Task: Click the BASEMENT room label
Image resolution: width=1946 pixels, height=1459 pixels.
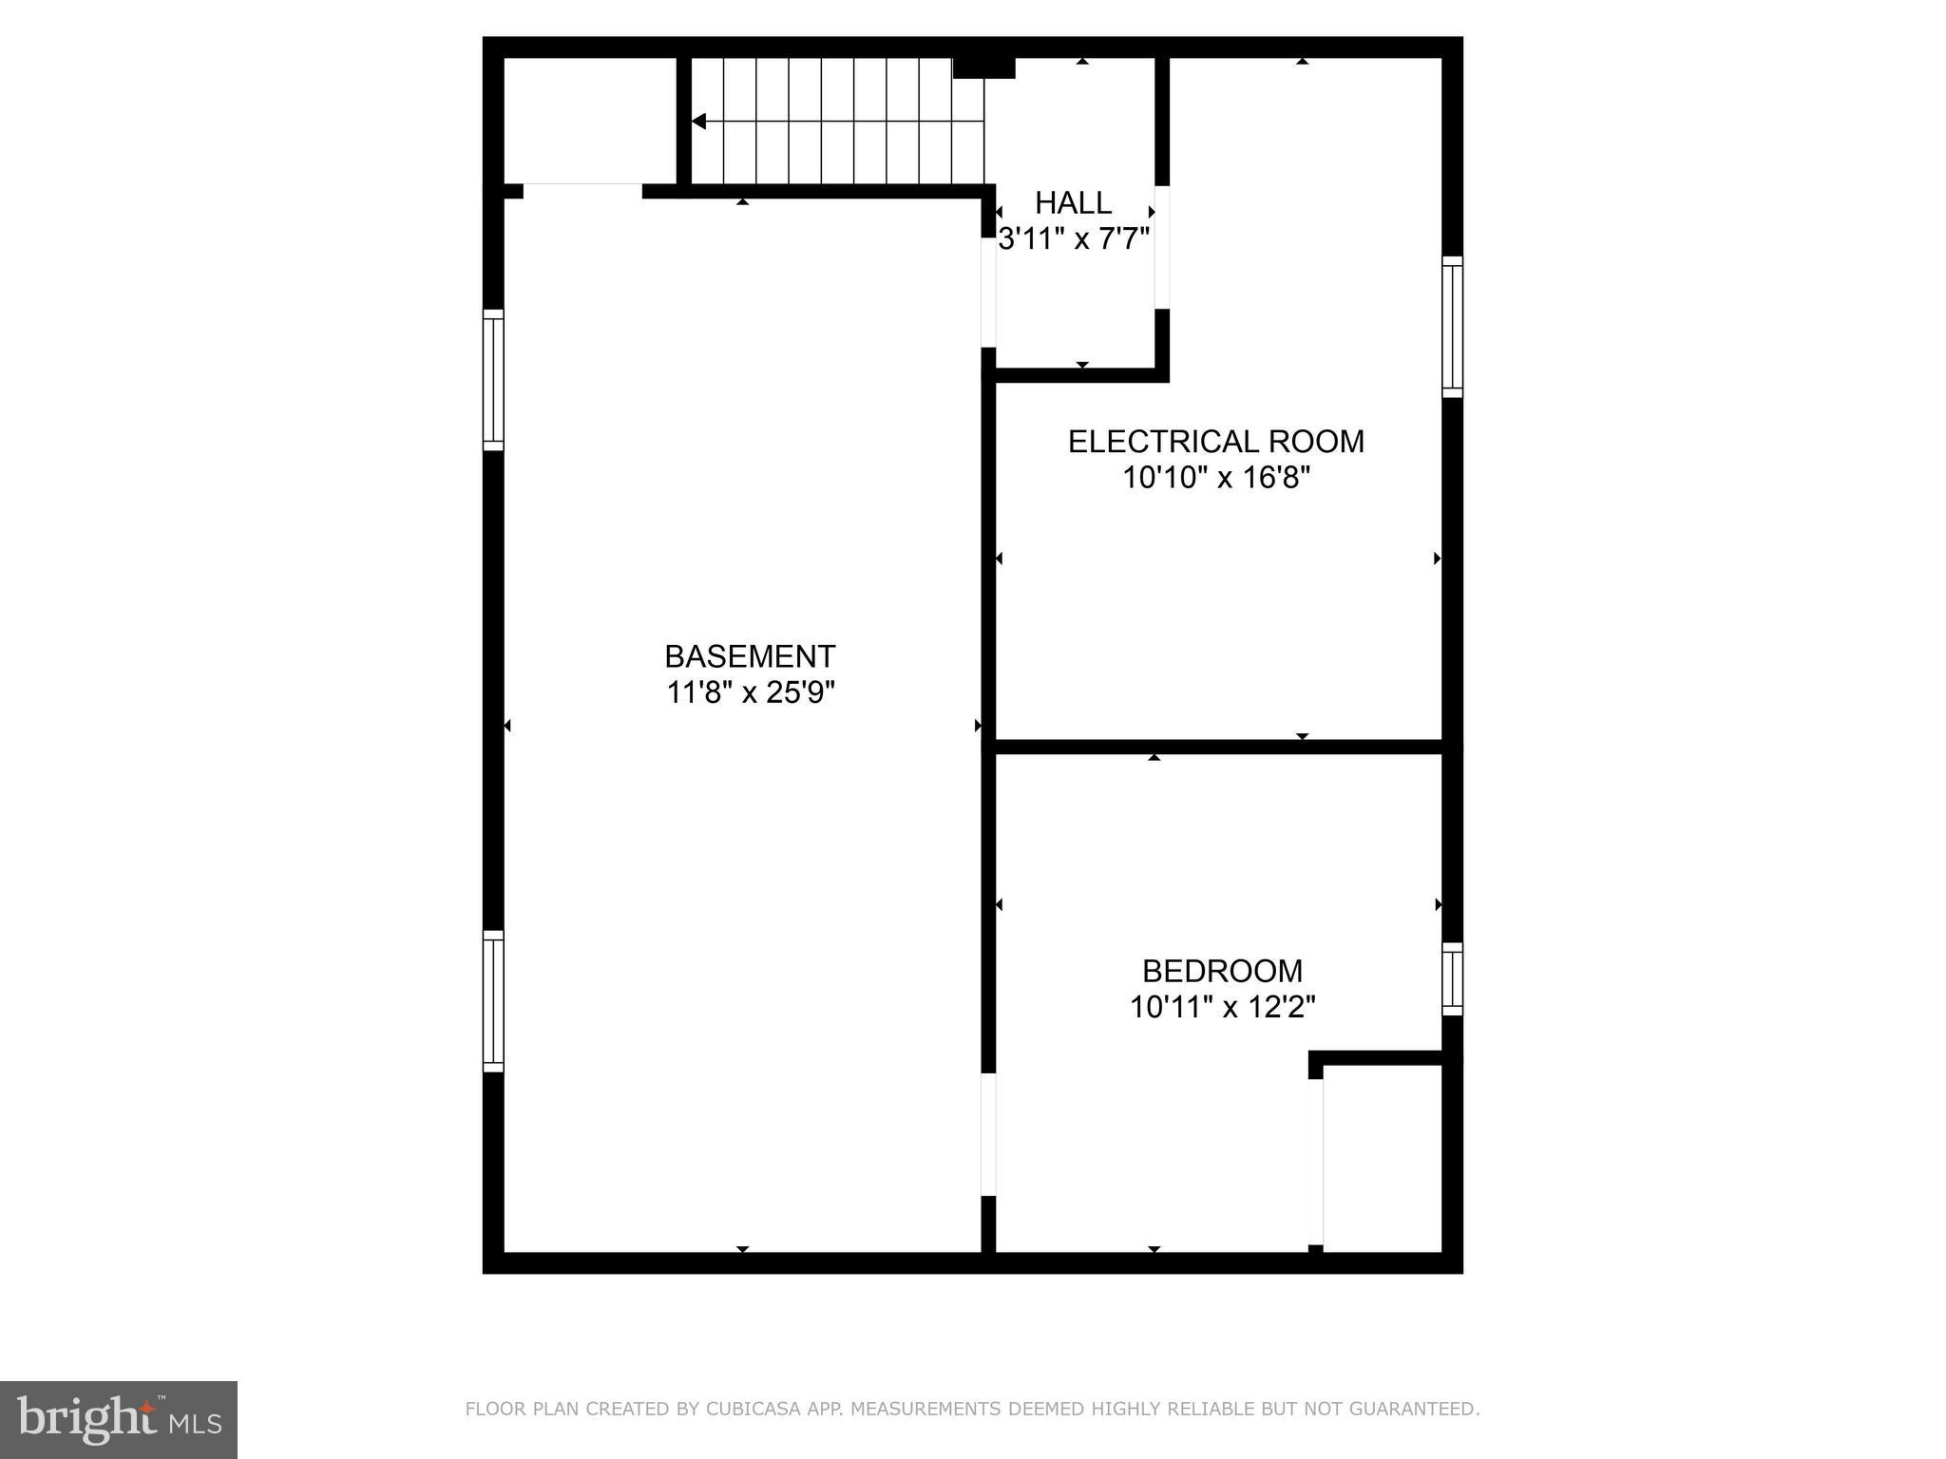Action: [x=750, y=656]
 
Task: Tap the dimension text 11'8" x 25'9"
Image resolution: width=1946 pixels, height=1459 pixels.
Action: [x=750, y=692]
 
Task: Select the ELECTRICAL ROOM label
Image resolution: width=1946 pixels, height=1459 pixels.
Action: [x=1215, y=442]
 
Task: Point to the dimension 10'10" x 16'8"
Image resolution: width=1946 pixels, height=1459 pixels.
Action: [x=1215, y=478]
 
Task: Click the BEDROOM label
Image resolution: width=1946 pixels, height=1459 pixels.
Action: [x=1222, y=971]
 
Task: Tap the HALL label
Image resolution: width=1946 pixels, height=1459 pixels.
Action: [x=1073, y=202]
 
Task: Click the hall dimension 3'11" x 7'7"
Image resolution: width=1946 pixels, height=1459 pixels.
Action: [x=1074, y=237]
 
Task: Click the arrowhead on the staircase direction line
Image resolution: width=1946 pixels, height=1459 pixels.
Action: [x=699, y=122]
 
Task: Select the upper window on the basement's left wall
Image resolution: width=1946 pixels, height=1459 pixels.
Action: [x=493, y=379]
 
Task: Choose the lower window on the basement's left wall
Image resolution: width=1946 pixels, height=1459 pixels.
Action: [x=493, y=1001]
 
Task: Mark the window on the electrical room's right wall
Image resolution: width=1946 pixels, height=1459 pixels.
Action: [x=1452, y=326]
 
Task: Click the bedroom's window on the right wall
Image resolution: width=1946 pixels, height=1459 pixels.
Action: [x=1452, y=978]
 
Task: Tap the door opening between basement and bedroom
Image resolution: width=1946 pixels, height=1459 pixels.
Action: [x=988, y=1134]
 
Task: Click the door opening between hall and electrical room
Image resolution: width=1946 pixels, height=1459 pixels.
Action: [x=1161, y=247]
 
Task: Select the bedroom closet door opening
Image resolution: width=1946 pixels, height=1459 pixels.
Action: [x=1315, y=1161]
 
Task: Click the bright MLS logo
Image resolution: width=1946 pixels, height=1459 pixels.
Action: [x=119, y=1420]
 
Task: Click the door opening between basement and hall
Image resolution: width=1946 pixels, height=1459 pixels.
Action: [x=988, y=292]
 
